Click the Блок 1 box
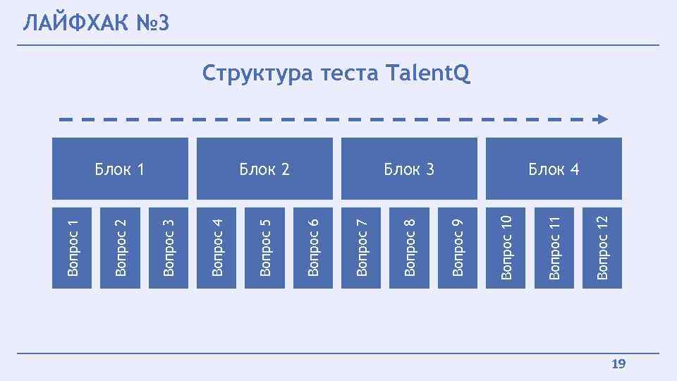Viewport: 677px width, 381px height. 120,169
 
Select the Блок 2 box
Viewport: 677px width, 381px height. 264,169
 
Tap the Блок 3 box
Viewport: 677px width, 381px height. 409,169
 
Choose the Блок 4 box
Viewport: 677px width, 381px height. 554,169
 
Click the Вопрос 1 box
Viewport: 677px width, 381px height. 72,247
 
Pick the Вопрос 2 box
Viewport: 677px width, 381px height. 121,247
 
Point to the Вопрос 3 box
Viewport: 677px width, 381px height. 169,247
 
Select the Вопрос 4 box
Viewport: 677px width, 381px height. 216,247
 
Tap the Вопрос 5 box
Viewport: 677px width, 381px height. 265,247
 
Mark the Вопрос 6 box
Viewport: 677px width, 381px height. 313,247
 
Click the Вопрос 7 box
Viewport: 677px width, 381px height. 361,247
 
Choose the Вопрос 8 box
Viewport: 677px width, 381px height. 410,247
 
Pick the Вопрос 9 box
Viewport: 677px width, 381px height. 458,247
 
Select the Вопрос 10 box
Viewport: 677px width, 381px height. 506,247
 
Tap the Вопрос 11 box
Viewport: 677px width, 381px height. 554,247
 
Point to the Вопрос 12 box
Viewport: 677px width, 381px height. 602,247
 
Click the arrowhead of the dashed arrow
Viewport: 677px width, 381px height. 601,119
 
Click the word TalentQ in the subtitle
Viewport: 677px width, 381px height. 428,73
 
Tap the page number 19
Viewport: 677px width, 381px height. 618,364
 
